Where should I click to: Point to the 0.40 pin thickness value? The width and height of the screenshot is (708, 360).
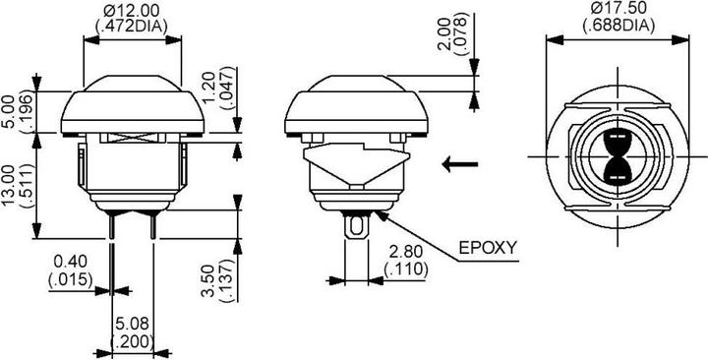click(x=70, y=262)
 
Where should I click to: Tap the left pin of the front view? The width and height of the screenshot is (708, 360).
click(x=112, y=226)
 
